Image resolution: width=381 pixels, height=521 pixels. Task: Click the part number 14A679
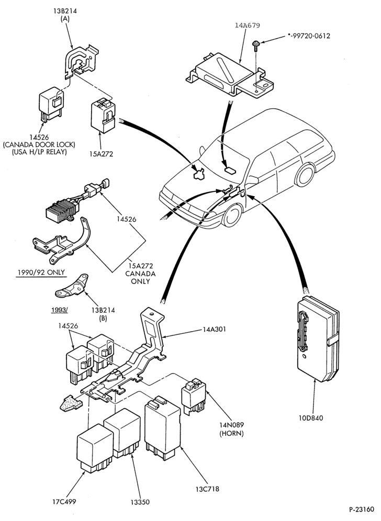point(248,25)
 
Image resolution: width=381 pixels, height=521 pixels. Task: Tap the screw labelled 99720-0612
point(256,46)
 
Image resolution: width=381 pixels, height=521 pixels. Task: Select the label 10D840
point(310,418)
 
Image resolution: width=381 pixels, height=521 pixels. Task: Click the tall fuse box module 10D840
point(318,338)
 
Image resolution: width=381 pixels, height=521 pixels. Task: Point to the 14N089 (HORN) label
point(231,429)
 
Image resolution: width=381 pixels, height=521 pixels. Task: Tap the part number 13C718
point(207,489)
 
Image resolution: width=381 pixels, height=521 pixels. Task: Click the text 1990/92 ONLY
point(41,273)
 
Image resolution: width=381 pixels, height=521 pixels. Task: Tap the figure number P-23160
point(362,509)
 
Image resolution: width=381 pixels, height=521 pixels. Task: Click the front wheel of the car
point(232,216)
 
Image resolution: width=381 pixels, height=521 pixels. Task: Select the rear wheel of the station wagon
point(305,175)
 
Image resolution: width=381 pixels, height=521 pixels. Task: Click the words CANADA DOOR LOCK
point(39,145)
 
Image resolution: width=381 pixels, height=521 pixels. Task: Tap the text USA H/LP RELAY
point(39,152)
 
